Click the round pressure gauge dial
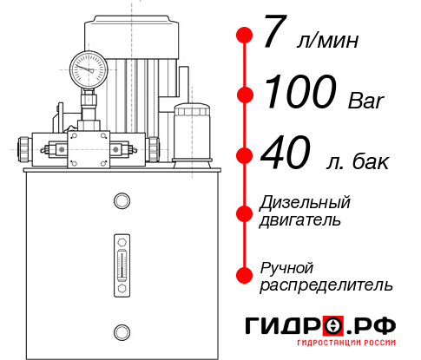tap(89, 66)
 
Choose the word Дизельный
tap(306, 203)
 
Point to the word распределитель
tap(326, 285)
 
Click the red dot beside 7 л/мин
tap(244, 36)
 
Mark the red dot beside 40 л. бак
tap(244, 156)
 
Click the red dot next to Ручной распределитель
tap(244, 275)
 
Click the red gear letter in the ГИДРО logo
tap(333, 326)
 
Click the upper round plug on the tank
tap(122, 201)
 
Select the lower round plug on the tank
tap(122, 329)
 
